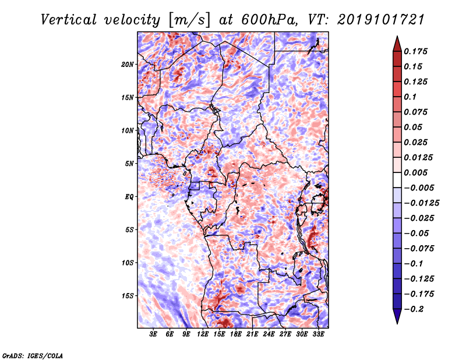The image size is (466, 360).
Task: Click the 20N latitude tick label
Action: point(127,65)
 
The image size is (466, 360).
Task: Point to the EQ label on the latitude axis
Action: point(129,197)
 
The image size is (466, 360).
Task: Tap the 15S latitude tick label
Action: point(127,296)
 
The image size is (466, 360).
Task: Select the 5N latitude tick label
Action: point(129,164)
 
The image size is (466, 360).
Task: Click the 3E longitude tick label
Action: point(153,334)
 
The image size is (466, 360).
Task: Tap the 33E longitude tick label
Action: point(318,334)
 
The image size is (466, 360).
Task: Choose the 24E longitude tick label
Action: point(269,334)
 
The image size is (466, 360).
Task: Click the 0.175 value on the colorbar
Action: point(415,51)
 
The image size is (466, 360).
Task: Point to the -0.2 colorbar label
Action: point(414,309)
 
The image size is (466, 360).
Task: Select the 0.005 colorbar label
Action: point(415,172)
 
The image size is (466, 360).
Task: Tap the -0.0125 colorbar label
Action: point(421,203)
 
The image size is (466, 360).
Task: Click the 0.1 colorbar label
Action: point(410,97)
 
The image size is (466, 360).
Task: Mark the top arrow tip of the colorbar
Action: point(397,36)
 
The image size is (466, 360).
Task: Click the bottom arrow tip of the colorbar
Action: point(397,323)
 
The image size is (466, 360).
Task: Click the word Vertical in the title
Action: point(69,20)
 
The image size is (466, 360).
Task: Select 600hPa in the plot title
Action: point(269,20)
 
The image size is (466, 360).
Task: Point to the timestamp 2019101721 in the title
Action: point(381,20)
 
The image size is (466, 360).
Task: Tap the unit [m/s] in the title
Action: point(189,20)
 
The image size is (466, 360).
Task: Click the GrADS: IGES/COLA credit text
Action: point(33,355)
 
